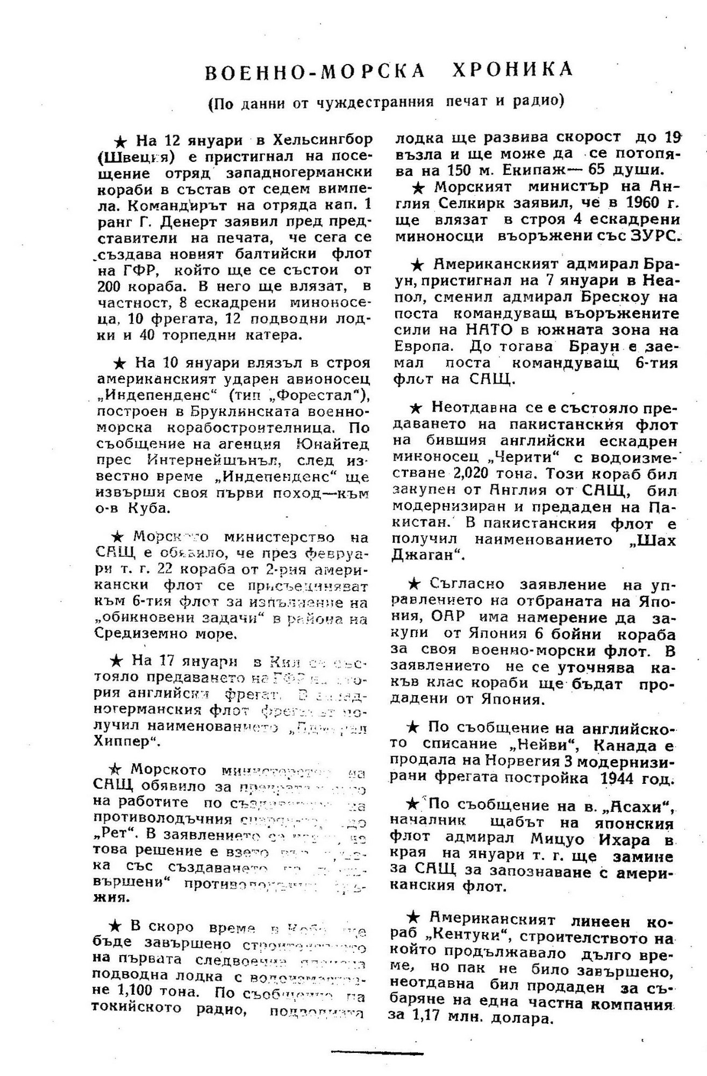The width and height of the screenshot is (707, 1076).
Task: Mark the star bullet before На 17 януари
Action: pos(116,660)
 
